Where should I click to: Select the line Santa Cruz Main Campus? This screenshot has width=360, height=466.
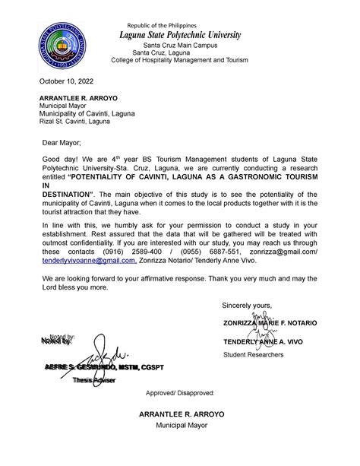[179, 46]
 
